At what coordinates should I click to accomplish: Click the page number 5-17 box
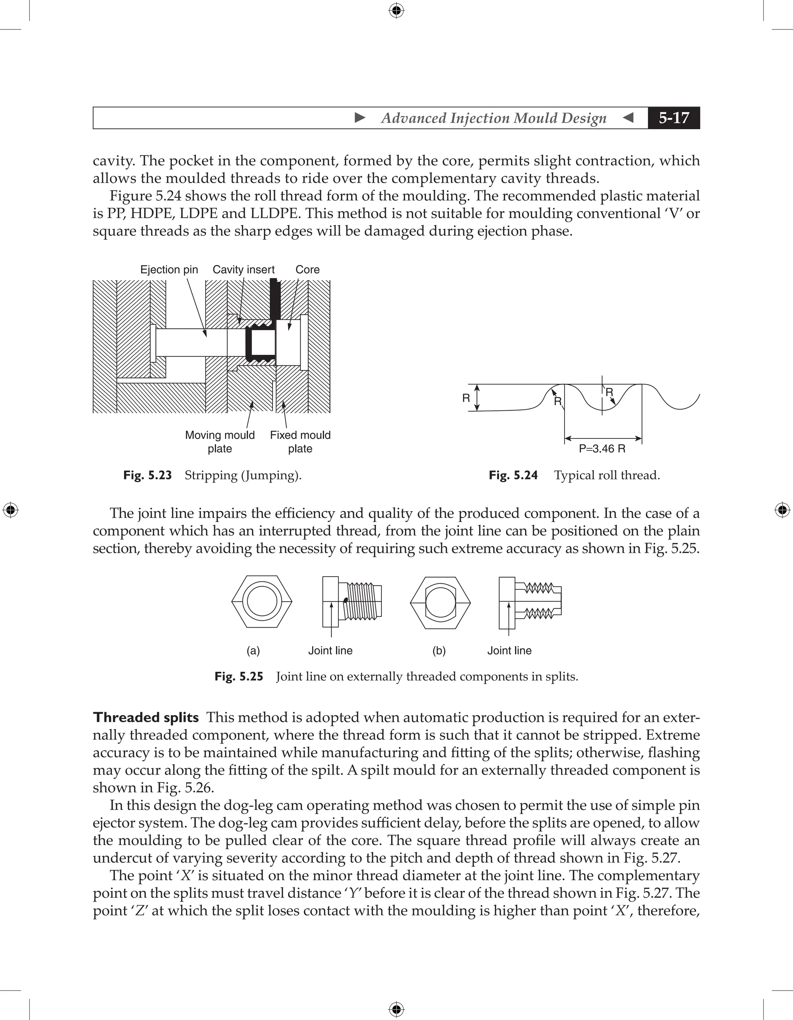(673, 118)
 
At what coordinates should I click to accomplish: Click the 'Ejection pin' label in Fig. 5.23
(169, 269)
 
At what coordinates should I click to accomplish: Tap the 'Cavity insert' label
(244, 269)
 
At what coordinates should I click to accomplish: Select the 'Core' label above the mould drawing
(307, 269)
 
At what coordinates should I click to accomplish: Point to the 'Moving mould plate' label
(220, 442)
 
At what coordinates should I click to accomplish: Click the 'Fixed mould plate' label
(300, 442)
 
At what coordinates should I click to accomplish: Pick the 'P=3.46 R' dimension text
(602, 449)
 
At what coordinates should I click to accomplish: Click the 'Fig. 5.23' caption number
(147, 476)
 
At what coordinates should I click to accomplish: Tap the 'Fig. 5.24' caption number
(513, 476)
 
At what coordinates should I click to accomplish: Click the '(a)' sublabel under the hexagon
(253, 650)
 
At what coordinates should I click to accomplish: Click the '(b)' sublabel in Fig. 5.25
(439, 650)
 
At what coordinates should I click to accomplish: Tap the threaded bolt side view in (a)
(353, 602)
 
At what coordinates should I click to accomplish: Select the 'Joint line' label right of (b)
(509, 650)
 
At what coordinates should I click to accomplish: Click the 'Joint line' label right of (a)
(330, 650)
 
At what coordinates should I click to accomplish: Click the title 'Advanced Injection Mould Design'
(493, 118)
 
